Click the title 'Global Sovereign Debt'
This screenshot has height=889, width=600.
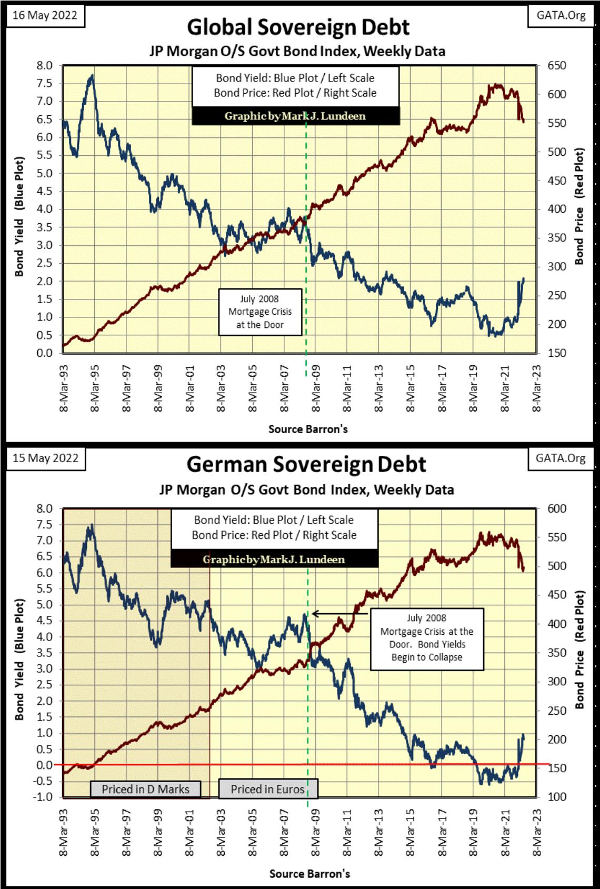(298, 27)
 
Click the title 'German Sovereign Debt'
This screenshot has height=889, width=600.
(306, 465)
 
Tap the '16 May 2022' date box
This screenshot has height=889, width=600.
(45, 15)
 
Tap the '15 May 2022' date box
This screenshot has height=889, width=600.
(45, 458)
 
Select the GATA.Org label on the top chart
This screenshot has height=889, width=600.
(561, 15)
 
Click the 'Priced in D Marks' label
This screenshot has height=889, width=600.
(145, 789)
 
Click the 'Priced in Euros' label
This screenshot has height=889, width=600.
(267, 789)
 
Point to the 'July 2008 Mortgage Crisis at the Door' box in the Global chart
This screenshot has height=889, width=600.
(260, 312)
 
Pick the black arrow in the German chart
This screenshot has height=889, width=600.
(339, 614)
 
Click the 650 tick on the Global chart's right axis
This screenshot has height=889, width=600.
(557, 66)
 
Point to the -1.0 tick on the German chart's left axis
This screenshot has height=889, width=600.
(43, 797)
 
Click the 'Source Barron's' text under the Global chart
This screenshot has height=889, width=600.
(308, 429)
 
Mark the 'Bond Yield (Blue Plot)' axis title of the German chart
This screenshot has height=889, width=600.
(19, 659)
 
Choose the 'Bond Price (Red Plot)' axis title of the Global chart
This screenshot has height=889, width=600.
(579, 206)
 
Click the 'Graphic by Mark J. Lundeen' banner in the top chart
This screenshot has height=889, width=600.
(295, 116)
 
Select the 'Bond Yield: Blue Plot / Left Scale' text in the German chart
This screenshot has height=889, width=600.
(274, 520)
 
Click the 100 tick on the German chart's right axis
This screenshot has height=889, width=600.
(557, 797)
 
